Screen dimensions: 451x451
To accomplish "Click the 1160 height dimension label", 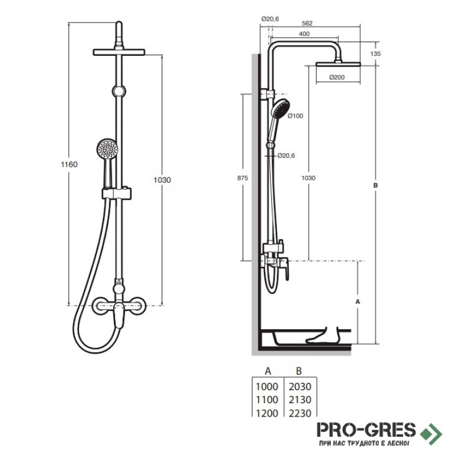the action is click(x=69, y=164).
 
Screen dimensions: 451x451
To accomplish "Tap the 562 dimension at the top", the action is click(x=307, y=23).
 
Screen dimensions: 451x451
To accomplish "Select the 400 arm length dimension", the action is click(x=304, y=34).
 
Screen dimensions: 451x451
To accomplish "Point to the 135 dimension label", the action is click(x=375, y=54).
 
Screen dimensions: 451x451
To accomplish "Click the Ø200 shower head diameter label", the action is click(x=337, y=77).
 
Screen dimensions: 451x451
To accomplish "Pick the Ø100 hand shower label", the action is click(x=295, y=116).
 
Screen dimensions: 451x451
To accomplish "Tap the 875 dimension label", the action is click(x=242, y=178).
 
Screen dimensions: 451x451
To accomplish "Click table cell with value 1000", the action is click(x=267, y=387).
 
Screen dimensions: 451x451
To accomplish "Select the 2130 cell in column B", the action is click(x=300, y=400).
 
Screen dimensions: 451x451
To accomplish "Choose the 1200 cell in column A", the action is click(x=267, y=413).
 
